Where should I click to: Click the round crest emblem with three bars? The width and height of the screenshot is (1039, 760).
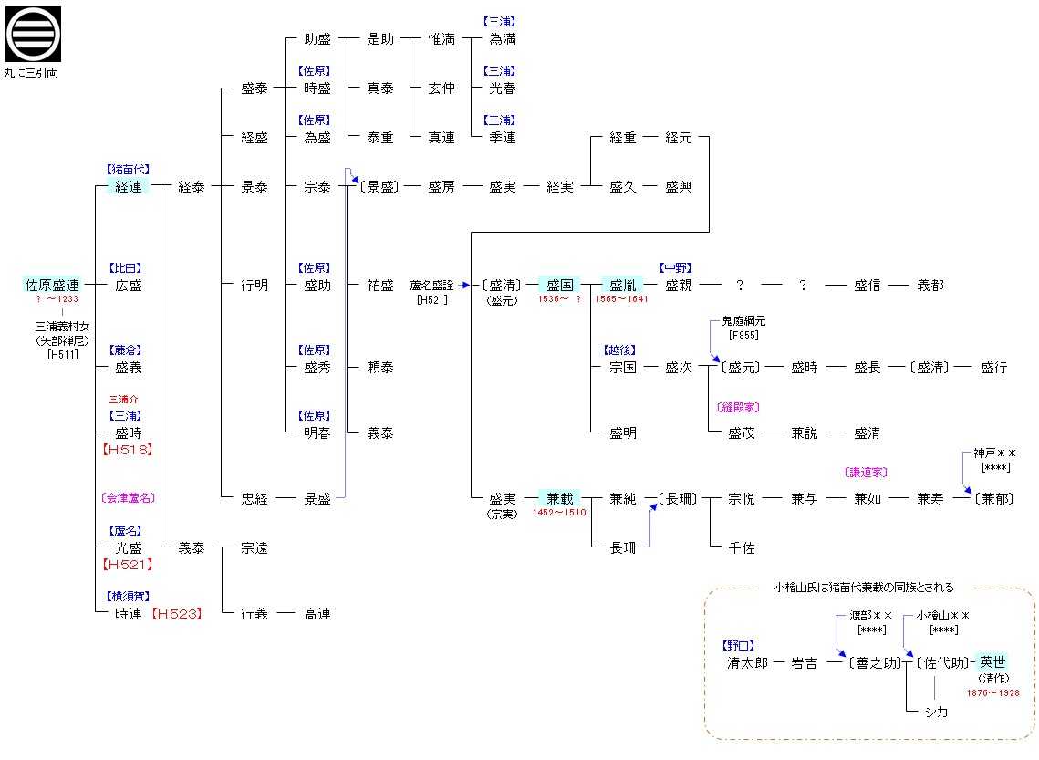[33, 34]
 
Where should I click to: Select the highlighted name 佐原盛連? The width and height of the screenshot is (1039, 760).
[52, 285]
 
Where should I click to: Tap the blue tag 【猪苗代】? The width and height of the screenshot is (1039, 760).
[128, 170]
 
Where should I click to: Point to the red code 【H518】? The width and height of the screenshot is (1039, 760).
[128, 450]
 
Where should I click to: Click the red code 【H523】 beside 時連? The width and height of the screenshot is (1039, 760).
[176, 614]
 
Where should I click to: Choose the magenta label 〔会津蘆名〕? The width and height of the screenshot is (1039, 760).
[128, 498]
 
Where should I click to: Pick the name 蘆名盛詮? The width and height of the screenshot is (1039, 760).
[431, 285]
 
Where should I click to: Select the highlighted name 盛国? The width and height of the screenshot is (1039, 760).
[559, 285]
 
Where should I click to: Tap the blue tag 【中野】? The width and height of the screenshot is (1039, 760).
[677, 268]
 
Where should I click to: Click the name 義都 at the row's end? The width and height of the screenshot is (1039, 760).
[930, 285]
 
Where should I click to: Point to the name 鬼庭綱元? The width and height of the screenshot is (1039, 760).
[743, 321]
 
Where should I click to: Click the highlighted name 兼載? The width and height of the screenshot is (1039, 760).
[559, 498]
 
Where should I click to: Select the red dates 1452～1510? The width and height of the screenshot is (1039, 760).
[559, 513]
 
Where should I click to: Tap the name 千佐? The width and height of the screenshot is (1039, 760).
[742, 547]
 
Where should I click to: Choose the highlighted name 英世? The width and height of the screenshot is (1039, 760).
[992, 662]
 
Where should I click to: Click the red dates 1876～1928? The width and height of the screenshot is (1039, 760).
[992, 693]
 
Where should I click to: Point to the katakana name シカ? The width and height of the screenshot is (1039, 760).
[935, 712]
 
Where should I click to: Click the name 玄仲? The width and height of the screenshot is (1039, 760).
[442, 88]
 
